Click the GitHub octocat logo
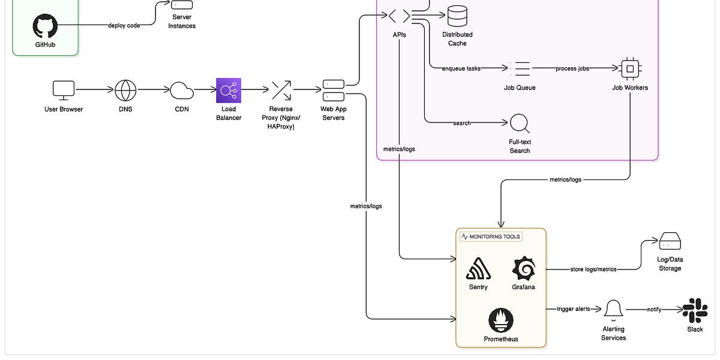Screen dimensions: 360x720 pos(45,27)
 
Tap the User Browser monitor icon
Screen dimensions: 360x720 pos(64,90)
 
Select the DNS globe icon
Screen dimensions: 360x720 pos(125,90)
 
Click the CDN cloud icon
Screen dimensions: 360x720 pos(182,91)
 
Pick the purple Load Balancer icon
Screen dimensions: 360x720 pos(229,90)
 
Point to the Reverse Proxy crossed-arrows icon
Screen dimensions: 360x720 pos(281,90)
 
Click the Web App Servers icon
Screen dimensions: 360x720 pos(334,90)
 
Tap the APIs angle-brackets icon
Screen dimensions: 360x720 pos(399,16)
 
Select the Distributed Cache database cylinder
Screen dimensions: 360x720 pos(457,16)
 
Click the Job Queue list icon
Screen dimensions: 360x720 pos(520,69)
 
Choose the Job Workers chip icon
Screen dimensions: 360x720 pos(630,69)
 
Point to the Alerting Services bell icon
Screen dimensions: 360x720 pos(613,310)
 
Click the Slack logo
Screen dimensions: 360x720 pos(695,310)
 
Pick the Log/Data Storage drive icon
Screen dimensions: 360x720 pos(670,242)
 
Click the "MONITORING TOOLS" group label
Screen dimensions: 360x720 pos(491,236)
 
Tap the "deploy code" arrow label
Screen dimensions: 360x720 pos(124,26)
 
